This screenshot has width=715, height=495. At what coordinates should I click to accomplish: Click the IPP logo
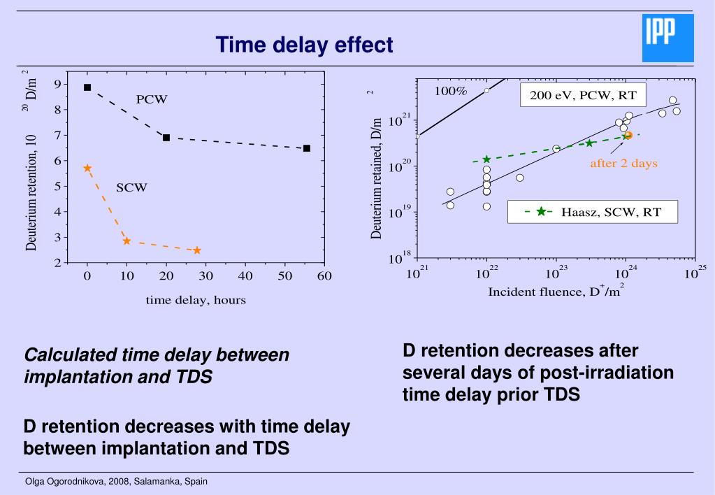667,38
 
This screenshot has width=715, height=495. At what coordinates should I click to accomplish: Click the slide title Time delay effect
304,45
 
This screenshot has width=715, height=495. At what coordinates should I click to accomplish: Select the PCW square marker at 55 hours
307,148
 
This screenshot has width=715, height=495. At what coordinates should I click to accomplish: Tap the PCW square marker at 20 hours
166,138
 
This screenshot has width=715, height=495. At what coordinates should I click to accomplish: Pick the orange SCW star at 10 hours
127,241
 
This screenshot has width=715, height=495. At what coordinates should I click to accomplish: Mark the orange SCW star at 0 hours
87,168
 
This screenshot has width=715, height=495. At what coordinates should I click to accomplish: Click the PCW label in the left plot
152,99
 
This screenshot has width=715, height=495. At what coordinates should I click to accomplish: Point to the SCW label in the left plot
131,187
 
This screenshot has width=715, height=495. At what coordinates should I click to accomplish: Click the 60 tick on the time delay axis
324,276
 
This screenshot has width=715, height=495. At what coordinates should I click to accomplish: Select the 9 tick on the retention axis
65,85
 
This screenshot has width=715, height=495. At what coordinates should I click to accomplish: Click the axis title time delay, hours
196,301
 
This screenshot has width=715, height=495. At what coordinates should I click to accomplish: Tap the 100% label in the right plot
451,92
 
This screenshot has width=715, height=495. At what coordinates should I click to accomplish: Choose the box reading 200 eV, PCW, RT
583,95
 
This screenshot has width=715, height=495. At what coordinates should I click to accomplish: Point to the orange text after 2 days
623,164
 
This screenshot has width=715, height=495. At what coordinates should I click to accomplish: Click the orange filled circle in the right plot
628,135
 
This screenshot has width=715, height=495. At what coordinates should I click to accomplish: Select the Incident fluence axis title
555,292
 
